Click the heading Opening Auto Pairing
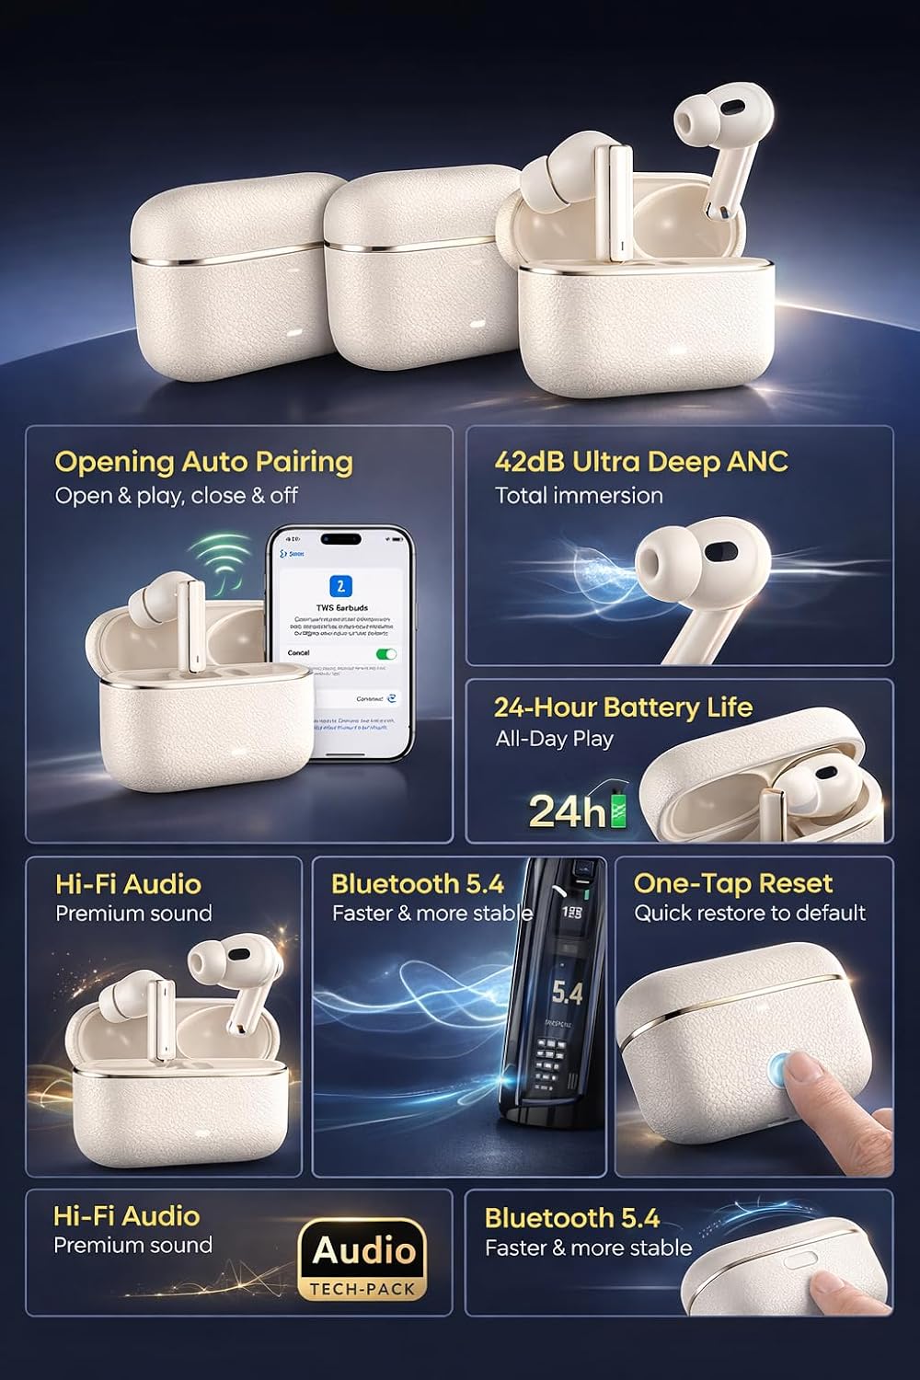[203, 462]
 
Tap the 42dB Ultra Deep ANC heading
[641, 461]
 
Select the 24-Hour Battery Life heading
[623, 707]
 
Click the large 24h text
[568, 811]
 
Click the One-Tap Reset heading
[732, 884]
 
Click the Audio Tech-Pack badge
[364, 1259]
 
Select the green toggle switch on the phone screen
[387, 653]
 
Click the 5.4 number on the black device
[567, 994]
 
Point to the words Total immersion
[579, 495]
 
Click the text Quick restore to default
[750, 913]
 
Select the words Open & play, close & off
[176, 495]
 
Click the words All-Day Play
[554, 739]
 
